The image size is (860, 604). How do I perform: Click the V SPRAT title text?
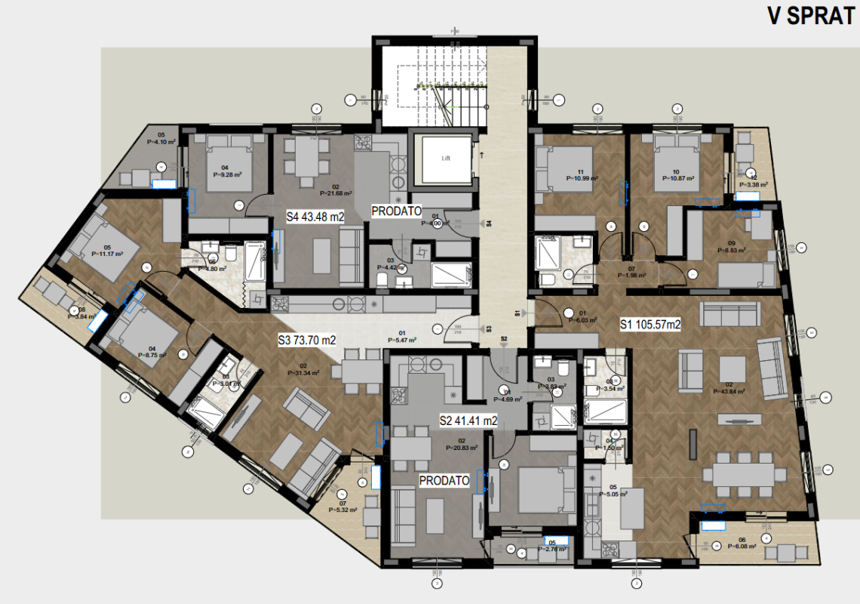809,17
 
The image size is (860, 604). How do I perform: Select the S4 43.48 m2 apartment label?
315,217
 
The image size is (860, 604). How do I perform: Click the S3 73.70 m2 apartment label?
306,340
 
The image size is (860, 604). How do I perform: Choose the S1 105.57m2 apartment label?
650,325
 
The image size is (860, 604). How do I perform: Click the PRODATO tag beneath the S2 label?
444,480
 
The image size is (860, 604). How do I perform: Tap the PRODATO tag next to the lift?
396,213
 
